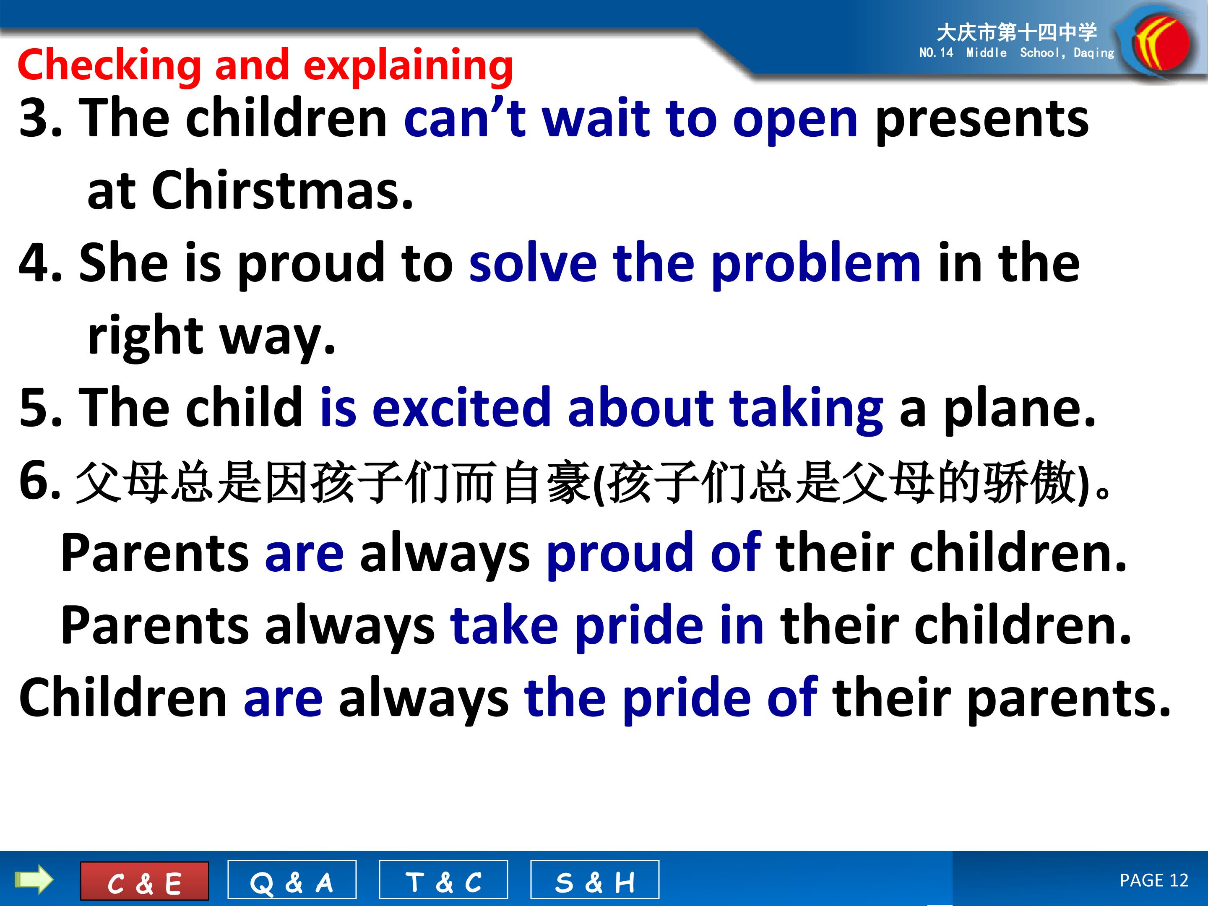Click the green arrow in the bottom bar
(x=34, y=880)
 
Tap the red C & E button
(x=145, y=881)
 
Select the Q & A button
(x=292, y=880)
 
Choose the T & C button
(x=443, y=880)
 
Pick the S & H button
(x=595, y=880)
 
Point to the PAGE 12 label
(x=1154, y=880)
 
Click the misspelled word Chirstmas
(x=282, y=190)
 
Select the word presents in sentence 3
(x=982, y=120)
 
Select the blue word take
(x=504, y=625)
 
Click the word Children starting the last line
(x=123, y=698)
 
